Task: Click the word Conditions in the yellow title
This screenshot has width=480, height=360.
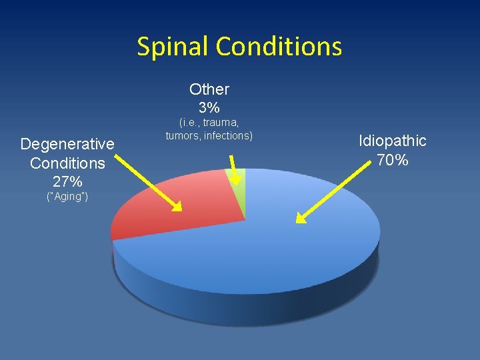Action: (x=279, y=47)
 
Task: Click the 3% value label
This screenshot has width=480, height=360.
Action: (x=209, y=107)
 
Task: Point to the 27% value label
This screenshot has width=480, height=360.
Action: (x=67, y=181)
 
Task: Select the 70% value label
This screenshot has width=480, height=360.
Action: (x=392, y=160)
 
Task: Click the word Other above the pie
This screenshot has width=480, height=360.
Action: (x=209, y=89)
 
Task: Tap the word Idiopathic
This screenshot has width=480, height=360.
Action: (x=392, y=141)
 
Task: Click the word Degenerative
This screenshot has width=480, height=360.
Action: (x=67, y=144)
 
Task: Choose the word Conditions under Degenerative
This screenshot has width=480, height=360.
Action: (x=67, y=163)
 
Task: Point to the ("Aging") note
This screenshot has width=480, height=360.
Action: (x=67, y=197)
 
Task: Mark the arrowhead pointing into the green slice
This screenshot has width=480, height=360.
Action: (x=235, y=179)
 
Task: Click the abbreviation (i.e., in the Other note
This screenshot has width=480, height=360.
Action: (x=188, y=123)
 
